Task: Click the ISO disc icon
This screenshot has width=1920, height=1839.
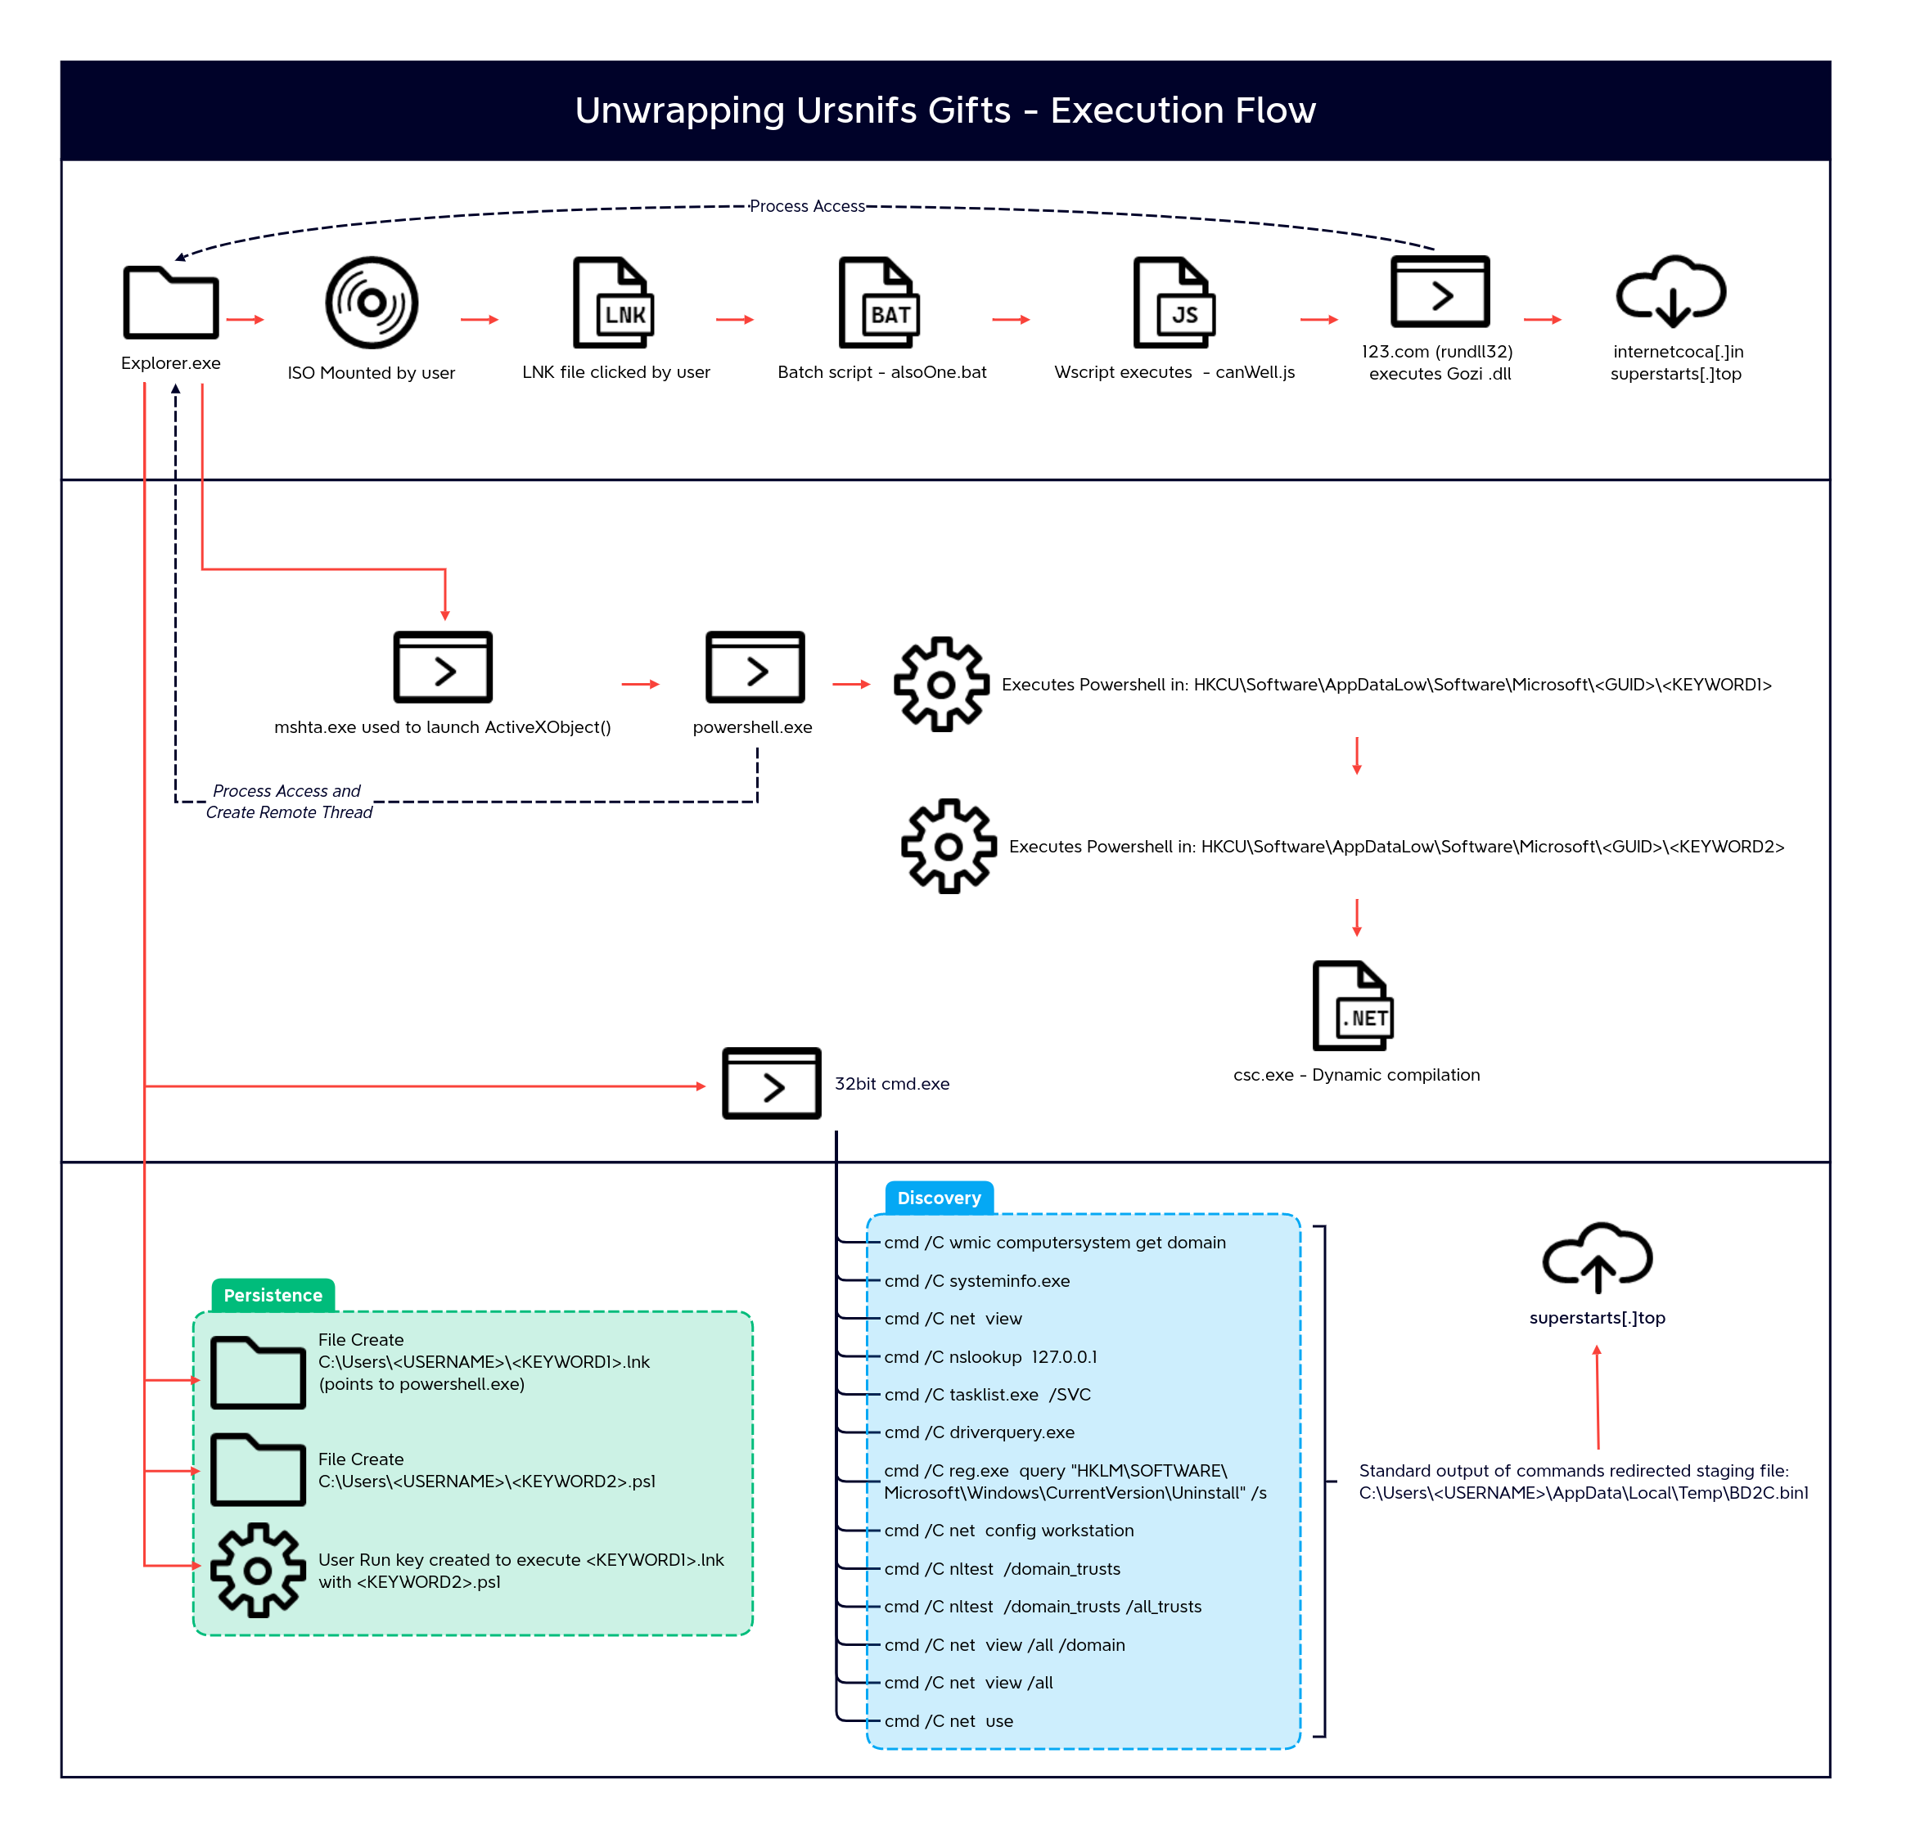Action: (372, 304)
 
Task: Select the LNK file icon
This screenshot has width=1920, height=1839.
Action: (613, 303)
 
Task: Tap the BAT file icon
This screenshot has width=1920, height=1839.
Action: (879, 303)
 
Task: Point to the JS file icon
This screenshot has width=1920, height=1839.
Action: (1174, 303)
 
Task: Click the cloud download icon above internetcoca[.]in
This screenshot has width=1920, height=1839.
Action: (1671, 291)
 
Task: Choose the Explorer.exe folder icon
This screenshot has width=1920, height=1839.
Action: (170, 303)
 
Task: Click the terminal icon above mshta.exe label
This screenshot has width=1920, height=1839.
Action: (443, 667)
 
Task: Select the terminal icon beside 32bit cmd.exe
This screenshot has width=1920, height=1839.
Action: (772, 1083)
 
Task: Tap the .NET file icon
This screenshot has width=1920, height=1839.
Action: (1353, 1005)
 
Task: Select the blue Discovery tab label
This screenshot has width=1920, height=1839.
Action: (940, 1198)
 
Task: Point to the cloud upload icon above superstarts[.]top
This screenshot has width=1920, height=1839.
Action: (1598, 1258)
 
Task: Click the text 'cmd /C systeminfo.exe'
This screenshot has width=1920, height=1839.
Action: (976, 1281)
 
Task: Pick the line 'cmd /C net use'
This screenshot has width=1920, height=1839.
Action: (949, 1720)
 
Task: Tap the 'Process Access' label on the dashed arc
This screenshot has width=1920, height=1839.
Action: (807, 205)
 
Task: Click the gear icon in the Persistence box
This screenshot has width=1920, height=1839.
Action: (258, 1570)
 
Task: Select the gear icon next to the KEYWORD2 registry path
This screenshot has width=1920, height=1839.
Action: (949, 846)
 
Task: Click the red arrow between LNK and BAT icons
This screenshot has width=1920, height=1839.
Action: (735, 319)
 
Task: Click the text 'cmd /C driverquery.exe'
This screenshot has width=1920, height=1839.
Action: (979, 1432)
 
